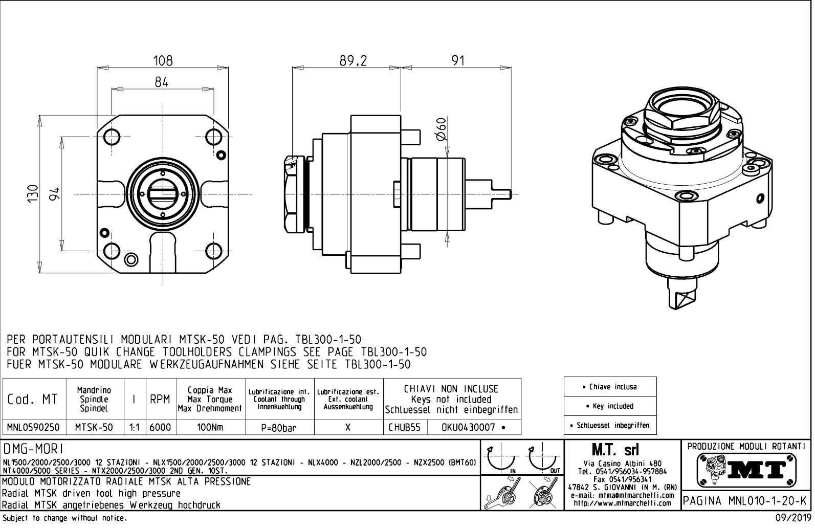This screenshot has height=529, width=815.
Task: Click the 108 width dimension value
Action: point(163,61)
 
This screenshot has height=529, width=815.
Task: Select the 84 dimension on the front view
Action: point(162,82)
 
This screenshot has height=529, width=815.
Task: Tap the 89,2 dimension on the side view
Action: point(353,61)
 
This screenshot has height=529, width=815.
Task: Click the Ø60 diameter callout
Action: point(442,128)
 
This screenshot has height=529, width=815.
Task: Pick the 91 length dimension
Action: point(458,61)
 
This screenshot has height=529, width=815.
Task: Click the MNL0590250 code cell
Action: point(33,427)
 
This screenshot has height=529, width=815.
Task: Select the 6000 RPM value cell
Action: point(160,427)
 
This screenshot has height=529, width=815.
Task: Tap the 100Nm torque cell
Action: point(210,427)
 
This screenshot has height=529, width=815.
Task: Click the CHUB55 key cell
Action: point(404,427)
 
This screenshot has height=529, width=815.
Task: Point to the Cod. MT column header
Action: point(33,399)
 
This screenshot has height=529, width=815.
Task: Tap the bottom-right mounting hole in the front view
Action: point(213,251)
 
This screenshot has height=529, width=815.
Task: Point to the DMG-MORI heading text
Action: point(33,449)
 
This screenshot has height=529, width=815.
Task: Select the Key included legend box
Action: point(610,406)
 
